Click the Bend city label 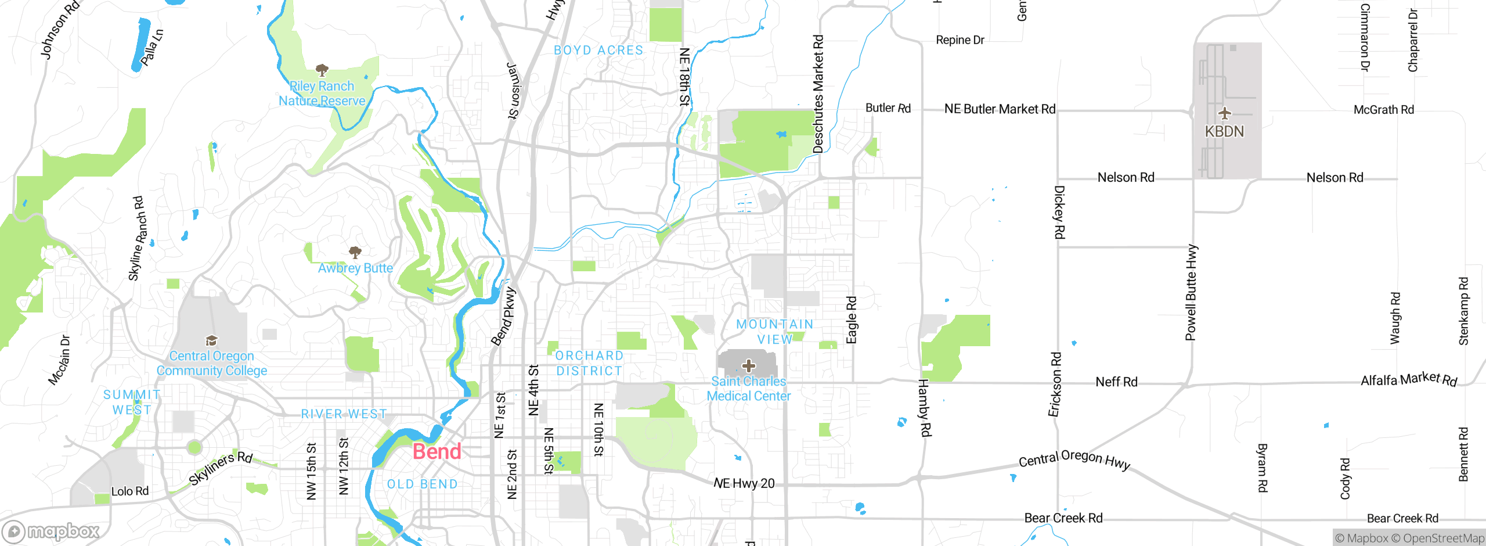click(437, 451)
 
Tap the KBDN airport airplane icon click(1224, 113)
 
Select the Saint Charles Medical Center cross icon click(749, 365)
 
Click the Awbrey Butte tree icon click(355, 252)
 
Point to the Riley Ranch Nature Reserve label click(322, 94)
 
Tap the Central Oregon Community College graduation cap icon click(211, 340)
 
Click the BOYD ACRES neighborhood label click(598, 51)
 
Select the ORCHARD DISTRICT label click(589, 363)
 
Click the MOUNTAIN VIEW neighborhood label click(775, 332)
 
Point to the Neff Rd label click(1116, 382)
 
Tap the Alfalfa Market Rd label click(1409, 380)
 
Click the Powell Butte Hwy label click(1191, 292)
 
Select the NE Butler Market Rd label click(1000, 109)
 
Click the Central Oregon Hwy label click(1074, 459)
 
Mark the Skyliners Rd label click(221, 468)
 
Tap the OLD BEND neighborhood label click(422, 484)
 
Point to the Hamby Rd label click(924, 407)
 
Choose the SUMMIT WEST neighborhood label click(132, 402)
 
